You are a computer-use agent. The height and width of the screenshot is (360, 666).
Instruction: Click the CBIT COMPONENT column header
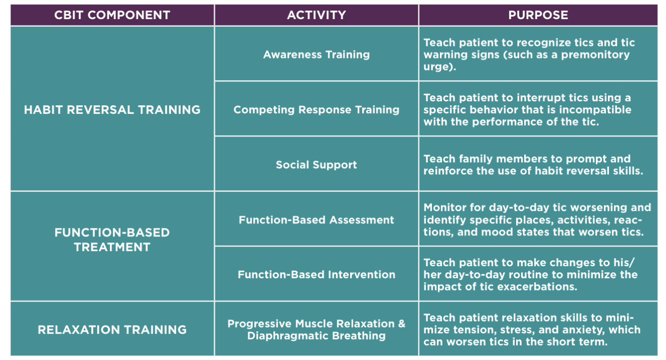112,15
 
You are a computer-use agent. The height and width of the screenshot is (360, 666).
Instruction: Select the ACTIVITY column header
316,15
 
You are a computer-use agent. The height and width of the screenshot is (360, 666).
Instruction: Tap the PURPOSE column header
538,15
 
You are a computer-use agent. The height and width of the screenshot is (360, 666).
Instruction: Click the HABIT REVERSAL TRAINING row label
112,110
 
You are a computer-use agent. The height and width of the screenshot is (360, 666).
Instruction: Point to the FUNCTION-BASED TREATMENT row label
112,239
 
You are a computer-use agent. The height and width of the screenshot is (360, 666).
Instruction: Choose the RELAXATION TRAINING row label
112,330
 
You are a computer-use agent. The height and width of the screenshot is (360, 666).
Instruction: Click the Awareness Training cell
316,54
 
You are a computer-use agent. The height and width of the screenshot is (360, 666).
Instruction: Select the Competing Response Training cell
316,110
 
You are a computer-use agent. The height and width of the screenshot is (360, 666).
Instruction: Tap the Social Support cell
316,165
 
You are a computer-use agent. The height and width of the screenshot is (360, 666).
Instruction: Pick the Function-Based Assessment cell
316,220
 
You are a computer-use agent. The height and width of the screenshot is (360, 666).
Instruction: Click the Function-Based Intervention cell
316,275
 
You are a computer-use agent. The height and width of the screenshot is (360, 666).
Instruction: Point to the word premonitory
595,54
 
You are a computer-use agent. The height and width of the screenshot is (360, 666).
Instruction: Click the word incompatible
595,110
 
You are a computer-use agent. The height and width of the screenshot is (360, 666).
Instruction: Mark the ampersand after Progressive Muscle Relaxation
401,324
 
